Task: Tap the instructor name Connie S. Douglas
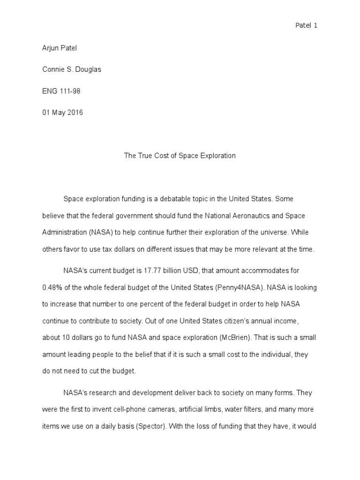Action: tap(72, 69)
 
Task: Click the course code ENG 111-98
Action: tap(61, 91)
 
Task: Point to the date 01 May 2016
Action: tap(62, 112)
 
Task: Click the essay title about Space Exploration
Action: tap(180, 156)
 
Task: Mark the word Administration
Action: tap(64, 232)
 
